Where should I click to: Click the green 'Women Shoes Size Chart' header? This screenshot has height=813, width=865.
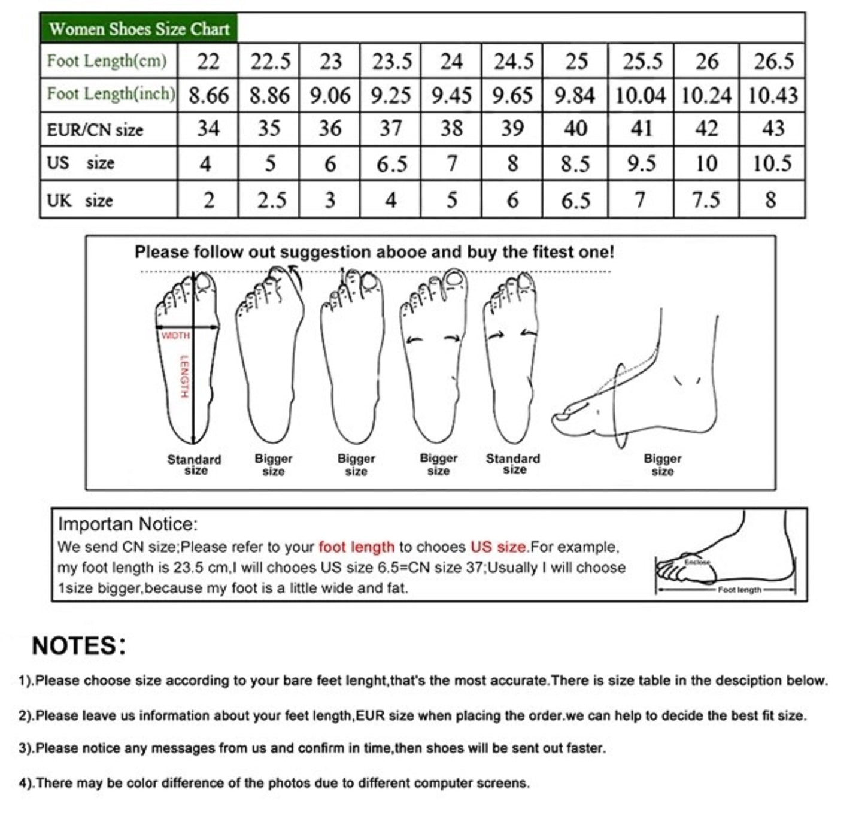coord(139,29)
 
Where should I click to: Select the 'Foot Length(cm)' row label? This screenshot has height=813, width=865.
coord(107,60)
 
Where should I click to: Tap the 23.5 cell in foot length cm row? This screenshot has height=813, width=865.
coord(391,62)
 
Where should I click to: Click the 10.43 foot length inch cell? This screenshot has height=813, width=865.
coord(773,95)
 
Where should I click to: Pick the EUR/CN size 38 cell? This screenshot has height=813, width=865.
coord(452,129)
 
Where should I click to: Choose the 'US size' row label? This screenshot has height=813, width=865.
coord(80,163)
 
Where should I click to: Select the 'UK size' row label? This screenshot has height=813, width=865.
coord(80,201)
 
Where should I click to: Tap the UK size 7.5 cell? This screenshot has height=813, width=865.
coord(706,201)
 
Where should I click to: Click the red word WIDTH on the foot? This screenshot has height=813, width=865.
coord(175,335)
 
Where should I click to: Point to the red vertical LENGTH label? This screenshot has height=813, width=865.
coord(184,377)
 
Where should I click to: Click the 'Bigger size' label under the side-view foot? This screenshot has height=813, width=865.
coord(663,465)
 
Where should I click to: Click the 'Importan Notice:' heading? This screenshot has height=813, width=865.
coord(128,524)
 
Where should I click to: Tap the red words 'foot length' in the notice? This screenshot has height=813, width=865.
coord(357,547)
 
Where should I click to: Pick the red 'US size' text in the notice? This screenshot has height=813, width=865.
coord(498,547)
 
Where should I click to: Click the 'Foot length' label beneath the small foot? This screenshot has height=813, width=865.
coord(739,590)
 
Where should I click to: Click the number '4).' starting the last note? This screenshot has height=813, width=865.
coord(26,783)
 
